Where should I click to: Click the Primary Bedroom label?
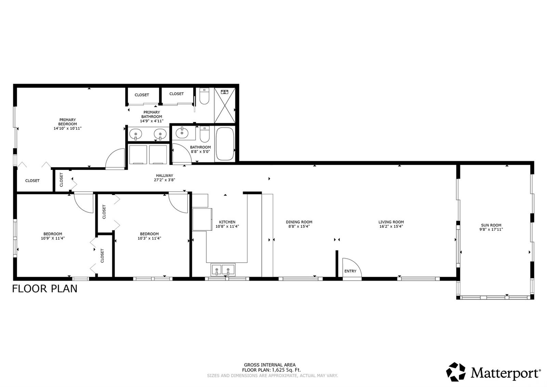(67, 122)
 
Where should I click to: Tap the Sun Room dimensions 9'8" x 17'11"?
(491, 230)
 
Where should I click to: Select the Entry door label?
(350, 271)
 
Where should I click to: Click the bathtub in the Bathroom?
(225, 144)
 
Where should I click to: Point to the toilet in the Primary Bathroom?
(204, 96)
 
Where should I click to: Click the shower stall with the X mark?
(225, 105)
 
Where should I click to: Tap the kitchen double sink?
(223, 270)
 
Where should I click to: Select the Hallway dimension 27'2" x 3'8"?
(164, 180)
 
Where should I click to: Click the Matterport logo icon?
(456, 372)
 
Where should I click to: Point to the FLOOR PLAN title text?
(45, 289)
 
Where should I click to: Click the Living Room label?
(391, 222)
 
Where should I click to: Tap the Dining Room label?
(299, 222)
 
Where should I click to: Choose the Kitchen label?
(227, 222)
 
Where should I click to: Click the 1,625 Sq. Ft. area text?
(286, 370)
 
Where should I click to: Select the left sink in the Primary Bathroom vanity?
(136, 134)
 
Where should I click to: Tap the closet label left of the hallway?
(62, 180)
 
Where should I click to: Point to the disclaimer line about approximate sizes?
(272, 376)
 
